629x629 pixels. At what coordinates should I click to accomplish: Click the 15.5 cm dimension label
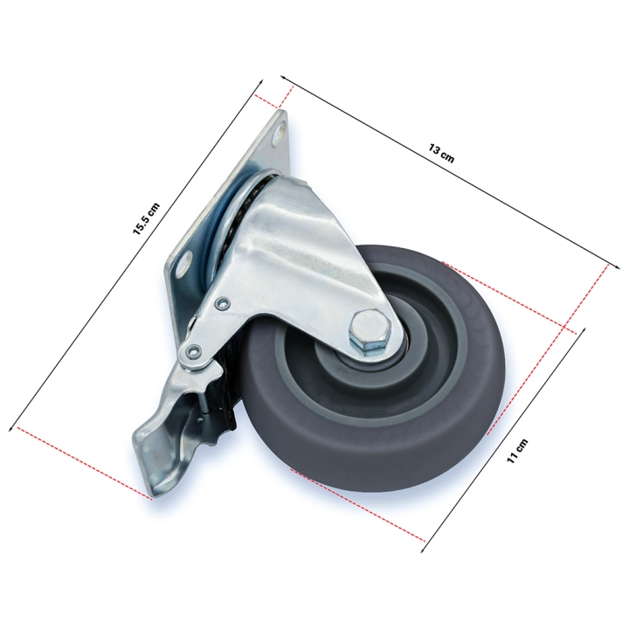click(147, 219)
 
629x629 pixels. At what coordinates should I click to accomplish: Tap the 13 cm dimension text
click(442, 154)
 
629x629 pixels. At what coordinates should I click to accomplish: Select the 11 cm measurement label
click(517, 452)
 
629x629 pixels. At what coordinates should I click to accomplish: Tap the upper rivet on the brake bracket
click(221, 303)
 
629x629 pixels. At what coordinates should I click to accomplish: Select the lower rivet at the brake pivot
click(192, 351)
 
